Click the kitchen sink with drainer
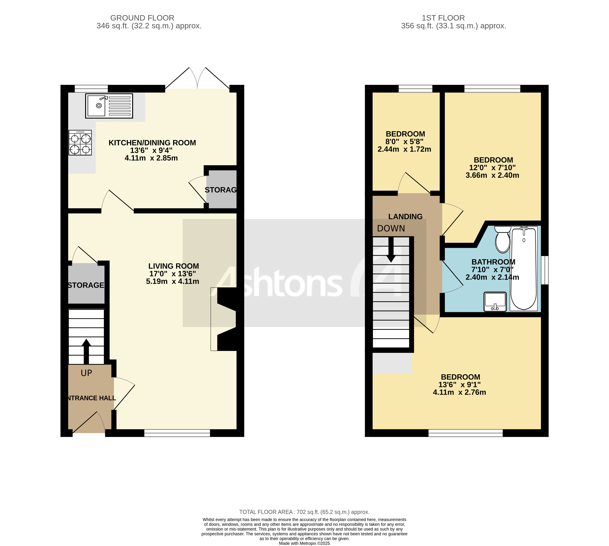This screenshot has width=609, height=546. [x=109, y=106]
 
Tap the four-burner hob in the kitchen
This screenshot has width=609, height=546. [x=80, y=143]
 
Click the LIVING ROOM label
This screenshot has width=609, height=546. [x=174, y=266]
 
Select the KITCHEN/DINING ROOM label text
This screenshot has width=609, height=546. [x=152, y=143]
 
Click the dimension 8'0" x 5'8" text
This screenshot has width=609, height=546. [x=404, y=142]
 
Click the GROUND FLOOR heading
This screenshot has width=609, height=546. [x=142, y=18]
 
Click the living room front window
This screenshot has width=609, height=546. [x=177, y=433]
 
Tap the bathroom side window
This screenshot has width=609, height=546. [x=546, y=270]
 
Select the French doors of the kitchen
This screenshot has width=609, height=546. [x=197, y=79]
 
